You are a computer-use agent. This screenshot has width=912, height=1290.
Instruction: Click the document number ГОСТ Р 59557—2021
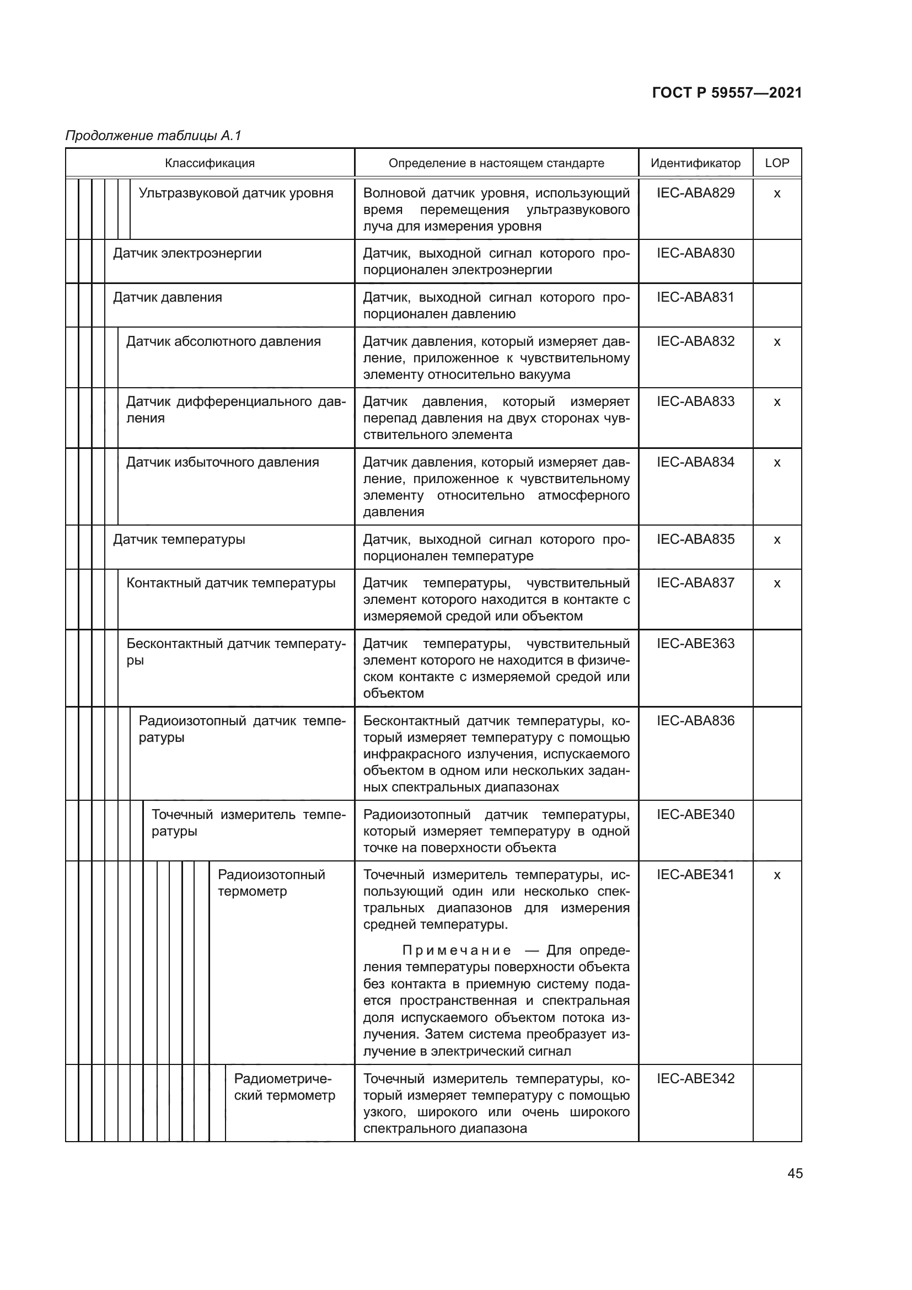point(727,93)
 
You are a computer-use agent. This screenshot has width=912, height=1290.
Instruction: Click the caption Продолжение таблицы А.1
point(153,136)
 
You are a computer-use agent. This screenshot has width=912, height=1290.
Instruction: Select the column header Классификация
point(210,163)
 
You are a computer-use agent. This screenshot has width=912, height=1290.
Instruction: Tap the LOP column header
point(777,163)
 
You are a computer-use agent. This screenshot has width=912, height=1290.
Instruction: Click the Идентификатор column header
point(695,163)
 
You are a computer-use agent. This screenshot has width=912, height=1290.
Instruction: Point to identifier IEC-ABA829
point(695,193)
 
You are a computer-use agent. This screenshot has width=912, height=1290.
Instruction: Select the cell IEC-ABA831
point(695,297)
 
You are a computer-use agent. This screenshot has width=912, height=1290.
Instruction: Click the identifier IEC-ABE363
point(695,643)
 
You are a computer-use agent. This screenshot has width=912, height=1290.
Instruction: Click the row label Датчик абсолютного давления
point(223,341)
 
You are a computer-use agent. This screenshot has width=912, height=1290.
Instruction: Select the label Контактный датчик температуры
point(231,583)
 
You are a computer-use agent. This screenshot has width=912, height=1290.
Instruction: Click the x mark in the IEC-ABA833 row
point(777,402)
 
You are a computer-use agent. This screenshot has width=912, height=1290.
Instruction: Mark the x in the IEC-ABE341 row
point(777,875)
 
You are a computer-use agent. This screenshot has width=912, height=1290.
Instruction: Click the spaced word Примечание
point(457,951)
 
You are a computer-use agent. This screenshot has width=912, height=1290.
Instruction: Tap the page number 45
point(795,1173)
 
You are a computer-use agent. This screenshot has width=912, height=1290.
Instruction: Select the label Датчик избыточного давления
point(222,462)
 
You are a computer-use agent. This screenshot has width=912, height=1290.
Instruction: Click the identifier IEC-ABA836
point(695,721)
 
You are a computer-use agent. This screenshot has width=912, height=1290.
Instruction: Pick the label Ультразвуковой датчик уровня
point(236,193)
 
